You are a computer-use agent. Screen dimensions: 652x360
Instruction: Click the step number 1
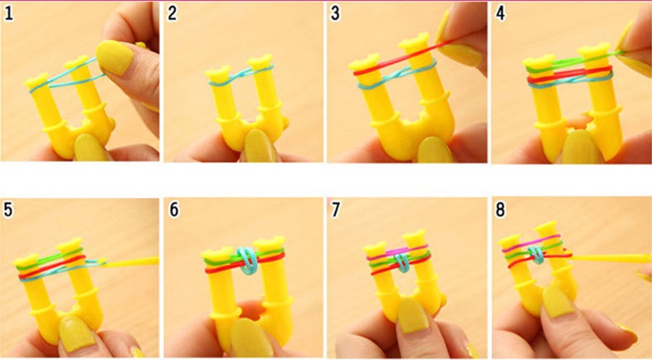click(8, 14)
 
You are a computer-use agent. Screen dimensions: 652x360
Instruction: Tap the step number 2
click(173, 14)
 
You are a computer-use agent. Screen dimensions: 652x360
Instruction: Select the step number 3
click(335, 14)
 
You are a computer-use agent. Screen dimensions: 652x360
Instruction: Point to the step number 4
click(500, 14)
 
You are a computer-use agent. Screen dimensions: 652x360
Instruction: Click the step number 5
click(8, 209)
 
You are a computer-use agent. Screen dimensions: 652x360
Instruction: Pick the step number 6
click(173, 209)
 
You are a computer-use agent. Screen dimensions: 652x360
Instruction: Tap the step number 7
click(336, 209)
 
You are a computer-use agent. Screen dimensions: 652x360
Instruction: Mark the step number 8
click(500, 209)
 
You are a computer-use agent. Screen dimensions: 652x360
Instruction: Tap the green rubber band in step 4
click(574, 62)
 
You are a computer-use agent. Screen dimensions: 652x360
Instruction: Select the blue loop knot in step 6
click(247, 260)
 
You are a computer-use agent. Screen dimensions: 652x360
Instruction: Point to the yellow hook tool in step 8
click(609, 258)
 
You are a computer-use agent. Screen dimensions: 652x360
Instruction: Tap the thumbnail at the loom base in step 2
click(260, 145)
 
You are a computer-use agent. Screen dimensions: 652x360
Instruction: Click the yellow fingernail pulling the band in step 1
click(114, 57)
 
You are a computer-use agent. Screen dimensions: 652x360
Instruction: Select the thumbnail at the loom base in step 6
click(249, 338)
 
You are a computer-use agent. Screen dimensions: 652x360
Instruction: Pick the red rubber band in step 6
click(246, 265)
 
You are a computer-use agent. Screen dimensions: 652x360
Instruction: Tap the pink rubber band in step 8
click(533, 244)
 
